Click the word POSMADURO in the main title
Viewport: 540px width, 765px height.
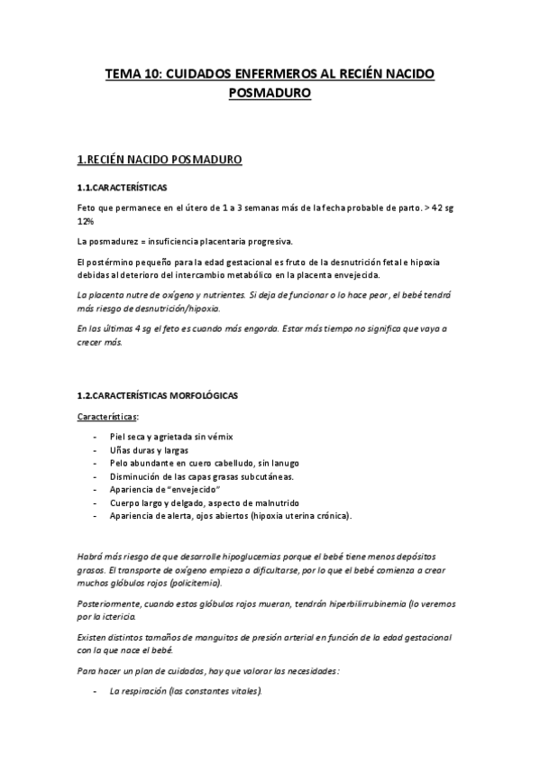pos(270,91)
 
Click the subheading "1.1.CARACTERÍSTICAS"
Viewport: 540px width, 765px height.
pos(122,188)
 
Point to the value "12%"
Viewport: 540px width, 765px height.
pos(87,221)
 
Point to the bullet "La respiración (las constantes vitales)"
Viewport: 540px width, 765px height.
pos(185,691)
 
